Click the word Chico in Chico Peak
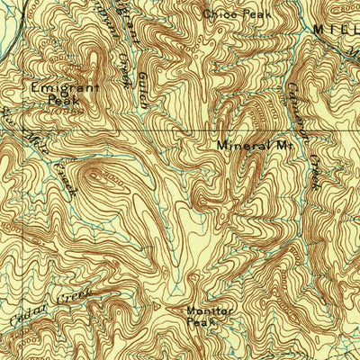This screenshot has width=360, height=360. point(217,13)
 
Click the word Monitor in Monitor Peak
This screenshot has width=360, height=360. point(209,311)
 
